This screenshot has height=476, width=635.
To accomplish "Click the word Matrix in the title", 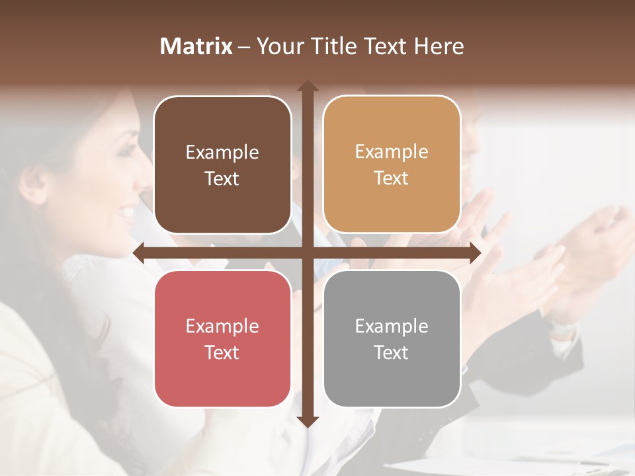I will pyautogui.click(x=196, y=46).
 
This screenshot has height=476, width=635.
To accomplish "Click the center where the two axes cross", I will pyautogui.click(x=308, y=253).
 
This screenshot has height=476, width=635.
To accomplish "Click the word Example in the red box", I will pyautogui.click(x=222, y=327).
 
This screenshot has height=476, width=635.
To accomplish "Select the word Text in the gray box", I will pyautogui.click(x=392, y=352).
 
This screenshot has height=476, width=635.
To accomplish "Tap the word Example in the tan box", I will pyautogui.click(x=392, y=152).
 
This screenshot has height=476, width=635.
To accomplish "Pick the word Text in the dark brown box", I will pyautogui.click(x=222, y=178).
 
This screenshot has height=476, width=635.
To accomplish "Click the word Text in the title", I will pyautogui.click(x=383, y=46).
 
